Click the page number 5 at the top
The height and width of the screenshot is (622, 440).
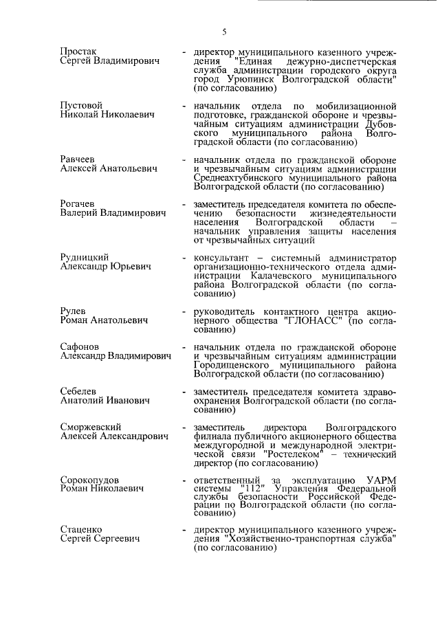224,30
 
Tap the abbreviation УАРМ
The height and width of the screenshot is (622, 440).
380,479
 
